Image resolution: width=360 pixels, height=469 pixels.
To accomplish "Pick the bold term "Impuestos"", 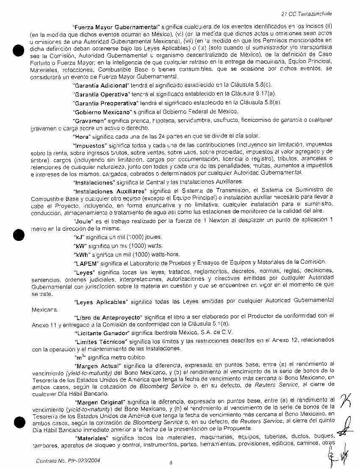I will tap(90, 146).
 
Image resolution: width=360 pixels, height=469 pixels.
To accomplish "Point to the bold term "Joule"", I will tap(83, 221).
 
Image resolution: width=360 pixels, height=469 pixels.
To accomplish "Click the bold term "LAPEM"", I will tap(84, 262).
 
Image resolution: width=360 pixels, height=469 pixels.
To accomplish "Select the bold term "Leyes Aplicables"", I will tap(101, 302).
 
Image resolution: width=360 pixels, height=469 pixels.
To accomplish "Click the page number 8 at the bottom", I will tap(170, 462).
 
